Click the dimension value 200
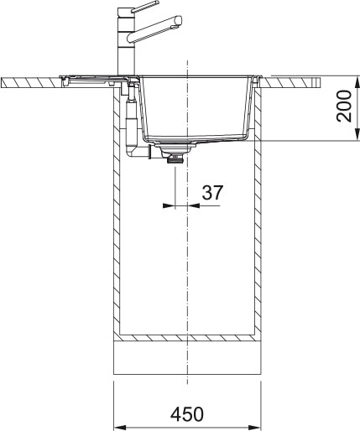[344, 106]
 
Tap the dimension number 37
[212, 192]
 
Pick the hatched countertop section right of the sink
[294, 81]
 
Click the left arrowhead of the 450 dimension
[118, 423]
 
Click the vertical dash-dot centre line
[188, 252]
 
